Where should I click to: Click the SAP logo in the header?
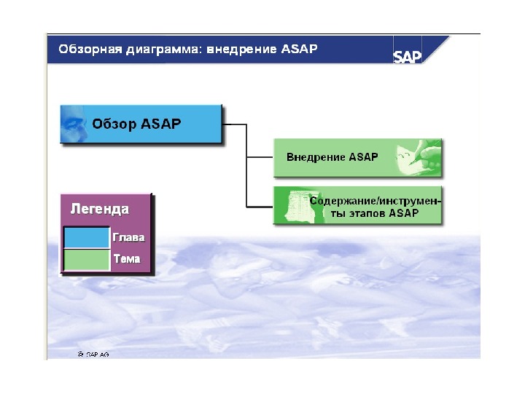[x=408, y=56]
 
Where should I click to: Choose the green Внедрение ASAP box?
[x=357, y=157]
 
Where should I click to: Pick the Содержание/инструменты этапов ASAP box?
[x=357, y=206]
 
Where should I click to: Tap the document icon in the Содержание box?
[x=295, y=206]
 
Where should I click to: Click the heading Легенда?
[x=99, y=209]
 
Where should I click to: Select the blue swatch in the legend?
[x=85, y=238]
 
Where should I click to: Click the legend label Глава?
[x=128, y=237]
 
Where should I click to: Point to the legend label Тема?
[x=126, y=258]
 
